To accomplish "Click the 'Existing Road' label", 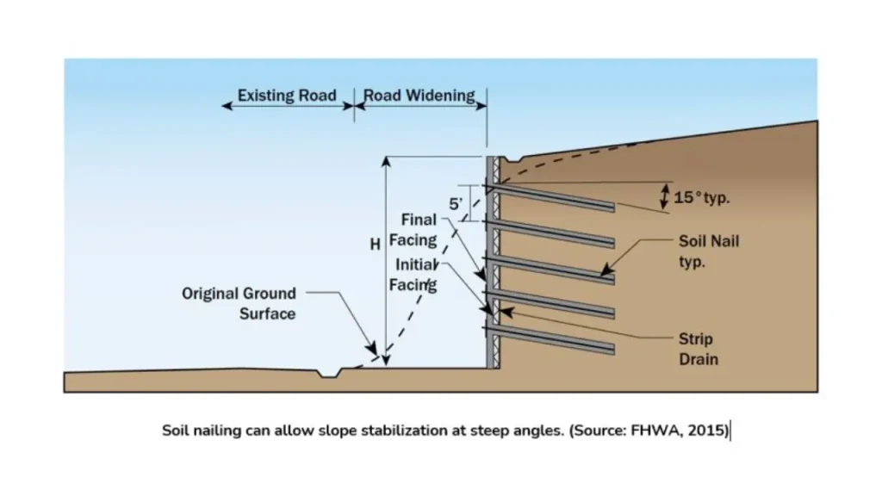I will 287,95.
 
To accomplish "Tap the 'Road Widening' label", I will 419,95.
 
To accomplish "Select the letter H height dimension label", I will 375,245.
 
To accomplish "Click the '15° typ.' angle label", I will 701,197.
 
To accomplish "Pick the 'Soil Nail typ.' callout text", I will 708,251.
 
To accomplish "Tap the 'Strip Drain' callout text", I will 695,349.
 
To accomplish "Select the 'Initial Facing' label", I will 416,275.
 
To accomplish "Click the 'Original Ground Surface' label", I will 239,303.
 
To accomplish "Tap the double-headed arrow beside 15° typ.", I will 664,195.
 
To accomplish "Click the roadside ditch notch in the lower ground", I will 328,373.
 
